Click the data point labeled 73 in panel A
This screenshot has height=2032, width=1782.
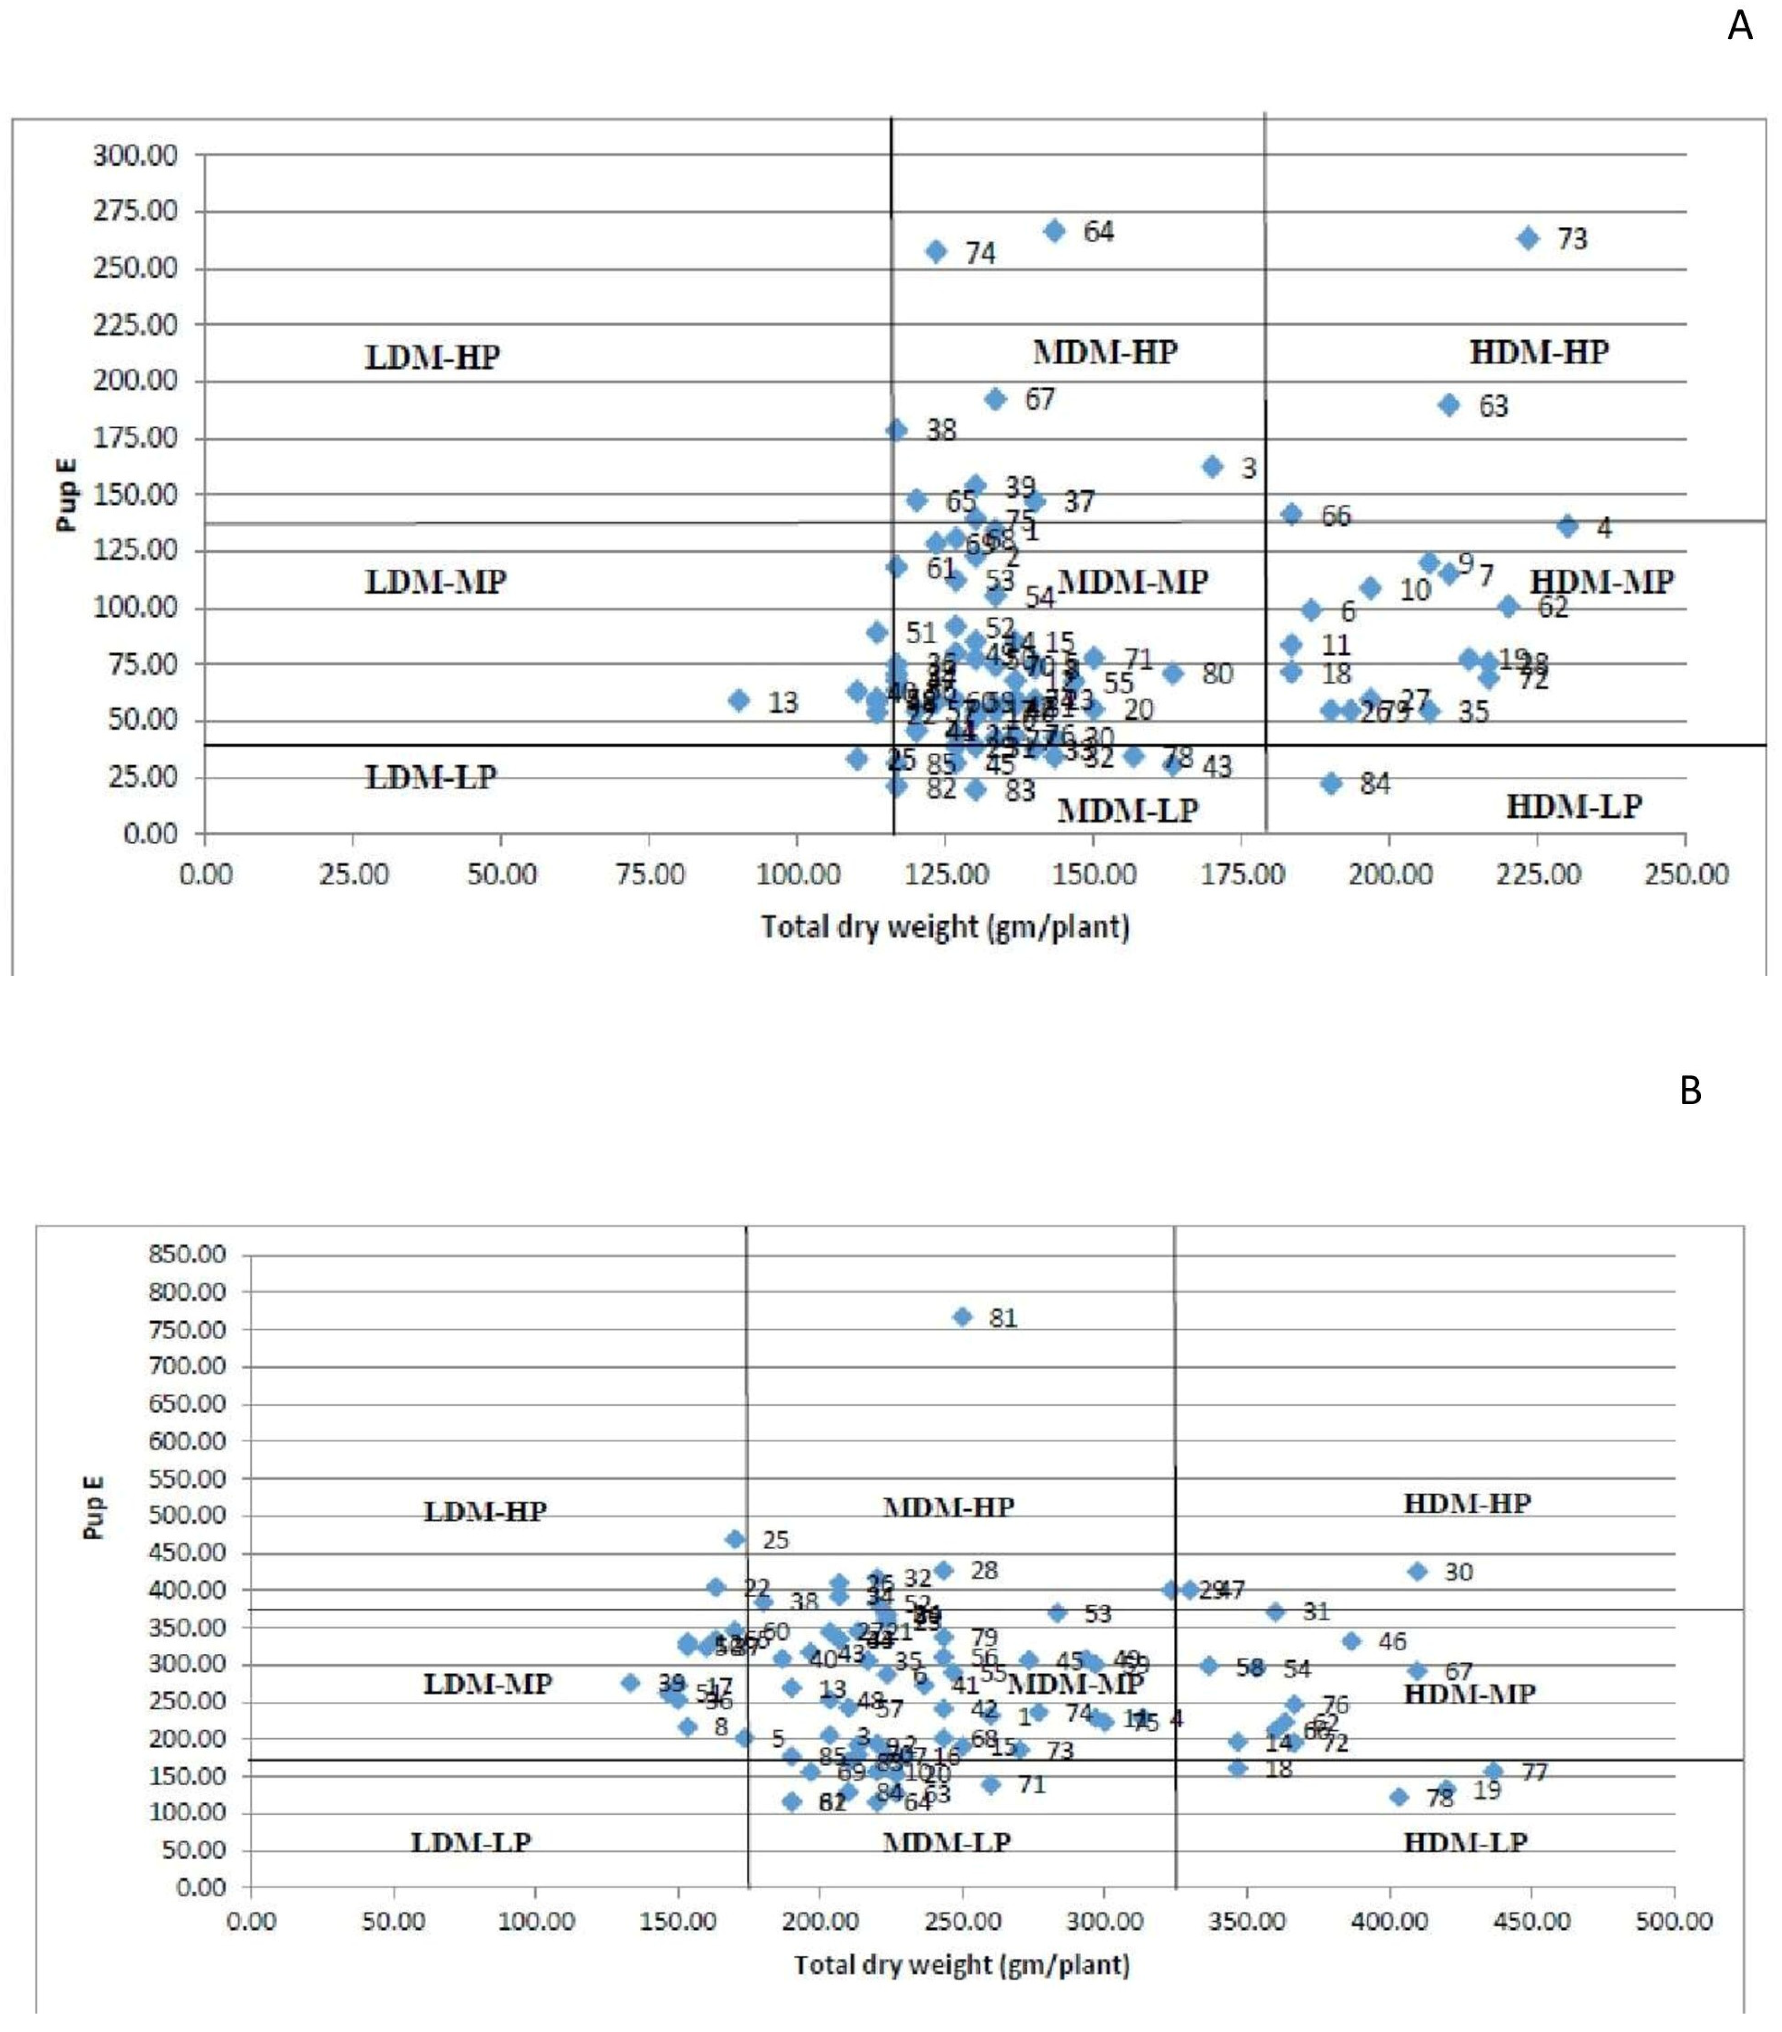pyautogui.click(x=1528, y=239)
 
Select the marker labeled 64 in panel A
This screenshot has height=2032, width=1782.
pyautogui.click(x=1055, y=231)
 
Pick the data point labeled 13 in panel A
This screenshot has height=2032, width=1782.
pyautogui.click(x=739, y=700)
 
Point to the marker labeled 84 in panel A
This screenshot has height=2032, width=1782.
pyautogui.click(x=1332, y=784)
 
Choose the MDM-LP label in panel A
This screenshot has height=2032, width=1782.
pyautogui.click(x=1127, y=810)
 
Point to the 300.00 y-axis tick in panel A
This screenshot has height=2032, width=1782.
pyautogui.click(x=135, y=155)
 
